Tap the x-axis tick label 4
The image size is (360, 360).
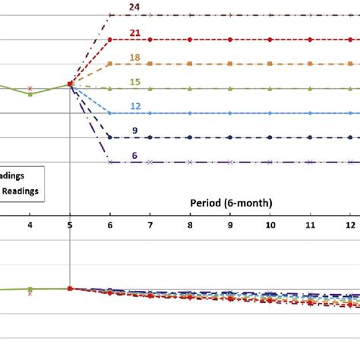[30, 226]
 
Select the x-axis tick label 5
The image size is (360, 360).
[70, 226]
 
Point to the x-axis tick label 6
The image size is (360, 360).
[111, 226]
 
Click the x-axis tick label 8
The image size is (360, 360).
[191, 226]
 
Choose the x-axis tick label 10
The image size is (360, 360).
[270, 226]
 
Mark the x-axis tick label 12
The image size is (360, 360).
[350, 226]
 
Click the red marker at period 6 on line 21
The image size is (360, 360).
[111, 39]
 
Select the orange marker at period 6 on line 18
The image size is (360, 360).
[111, 64]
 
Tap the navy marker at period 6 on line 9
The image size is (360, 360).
[111, 137]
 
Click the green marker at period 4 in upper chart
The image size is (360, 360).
[30, 94]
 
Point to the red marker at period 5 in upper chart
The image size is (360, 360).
[70, 84]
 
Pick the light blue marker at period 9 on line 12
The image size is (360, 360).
[230, 113]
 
